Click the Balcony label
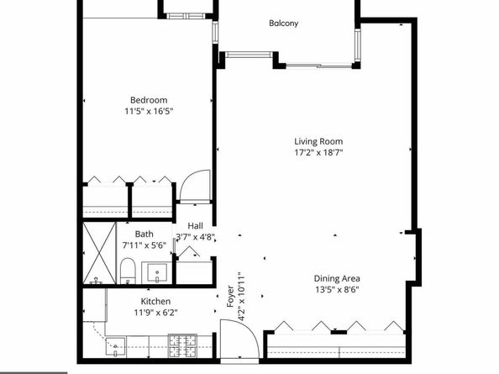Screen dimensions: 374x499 pos(283,24)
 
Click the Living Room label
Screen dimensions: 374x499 pos(318,141)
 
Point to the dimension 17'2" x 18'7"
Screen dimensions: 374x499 pos(318,153)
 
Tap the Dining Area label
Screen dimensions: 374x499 pos(337,279)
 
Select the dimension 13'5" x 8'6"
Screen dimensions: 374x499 pos(337,291)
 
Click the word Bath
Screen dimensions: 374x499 pos(144,236)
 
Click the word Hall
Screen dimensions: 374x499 pos(195,225)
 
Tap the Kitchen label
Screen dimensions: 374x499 pos(155,301)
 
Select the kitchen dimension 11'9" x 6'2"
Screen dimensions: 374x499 pos(155,313)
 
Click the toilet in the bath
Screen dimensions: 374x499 pos(128,270)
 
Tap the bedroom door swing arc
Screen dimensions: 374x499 pos(196,185)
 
